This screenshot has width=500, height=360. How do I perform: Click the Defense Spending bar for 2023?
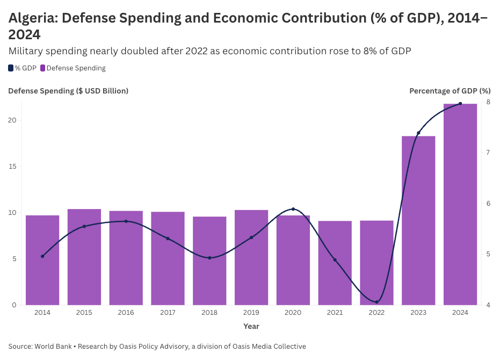[418, 220]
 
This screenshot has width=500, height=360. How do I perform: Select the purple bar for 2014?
[42, 260]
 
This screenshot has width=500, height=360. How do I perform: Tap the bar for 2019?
[251, 257]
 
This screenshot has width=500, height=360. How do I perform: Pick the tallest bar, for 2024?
[460, 204]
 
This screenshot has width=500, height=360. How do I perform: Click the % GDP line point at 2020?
[293, 209]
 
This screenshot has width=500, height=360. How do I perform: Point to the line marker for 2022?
[376, 302]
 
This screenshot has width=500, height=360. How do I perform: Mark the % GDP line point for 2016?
[126, 221]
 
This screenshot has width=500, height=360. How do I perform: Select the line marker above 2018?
[209, 258]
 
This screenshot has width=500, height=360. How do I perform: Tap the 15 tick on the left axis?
[12, 167]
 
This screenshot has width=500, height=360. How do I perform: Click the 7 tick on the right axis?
[488, 153]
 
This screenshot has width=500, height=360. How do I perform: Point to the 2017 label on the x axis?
[168, 313]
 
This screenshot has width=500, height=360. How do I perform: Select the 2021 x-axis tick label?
[335, 313]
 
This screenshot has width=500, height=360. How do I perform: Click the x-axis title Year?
[251, 326]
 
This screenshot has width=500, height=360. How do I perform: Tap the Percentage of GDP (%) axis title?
[450, 91]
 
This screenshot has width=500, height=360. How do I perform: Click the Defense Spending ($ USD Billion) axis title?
[68, 91]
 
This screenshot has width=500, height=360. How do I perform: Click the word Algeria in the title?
[32, 18]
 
